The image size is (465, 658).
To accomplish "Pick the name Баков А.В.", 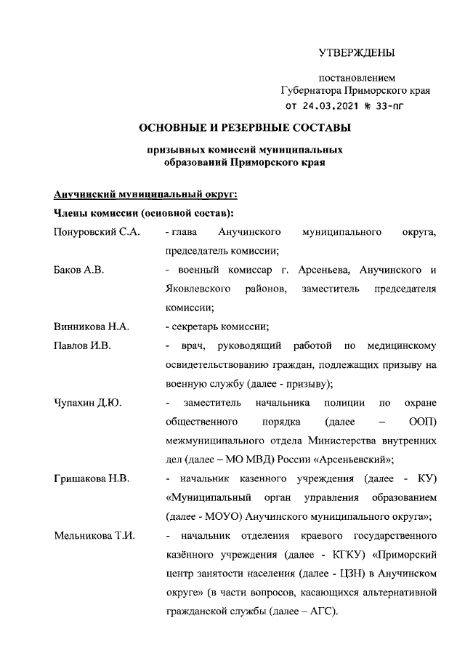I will pyautogui.click(x=78, y=270).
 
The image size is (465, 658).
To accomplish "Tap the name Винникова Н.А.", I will pyautogui.click(x=91, y=326).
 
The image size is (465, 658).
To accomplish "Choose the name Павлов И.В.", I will pyautogui.click(x=82, y=345).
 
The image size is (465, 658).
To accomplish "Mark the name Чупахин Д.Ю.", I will pyautogui.click(x=88, y=402).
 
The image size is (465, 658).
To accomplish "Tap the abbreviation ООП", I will pyautogui.click(x=423, y=421).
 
